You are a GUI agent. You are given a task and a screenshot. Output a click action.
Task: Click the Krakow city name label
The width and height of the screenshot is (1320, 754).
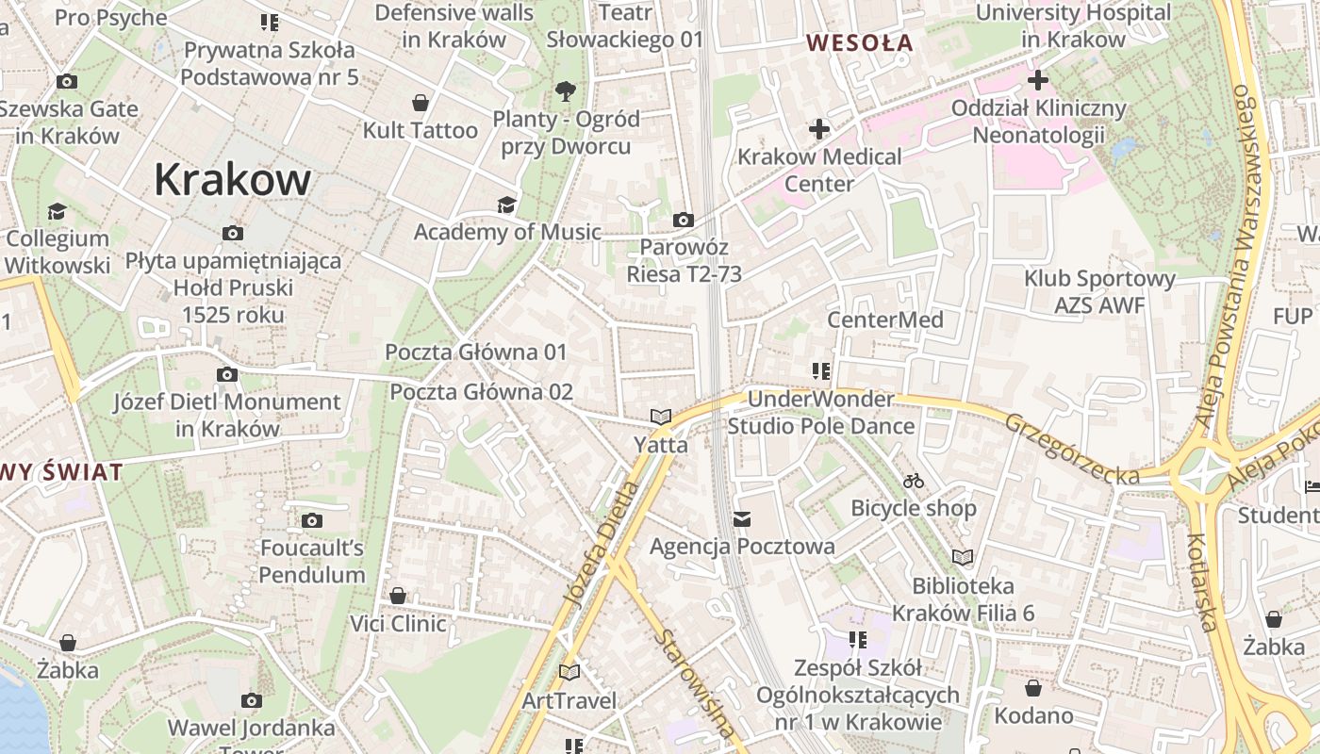pyautogui.click(x=232, y=179)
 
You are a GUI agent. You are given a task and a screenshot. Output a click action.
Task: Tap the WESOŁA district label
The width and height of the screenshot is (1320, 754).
pyautogui.click(x=860, y=42)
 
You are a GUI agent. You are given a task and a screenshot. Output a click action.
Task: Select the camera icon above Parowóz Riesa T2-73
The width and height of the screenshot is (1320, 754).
pyautogui.click(x=684, y=221)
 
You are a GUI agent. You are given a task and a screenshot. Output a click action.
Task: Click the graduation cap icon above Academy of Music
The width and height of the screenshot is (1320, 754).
pyautogui.click(x=507, y=205)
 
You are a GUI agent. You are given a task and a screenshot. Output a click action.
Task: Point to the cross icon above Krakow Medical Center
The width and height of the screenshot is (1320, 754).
pyautogui.click(x=819, y=128)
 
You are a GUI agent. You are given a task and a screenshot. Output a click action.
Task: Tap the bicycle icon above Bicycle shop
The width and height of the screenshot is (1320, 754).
pyautogui.click(x=913, y=481)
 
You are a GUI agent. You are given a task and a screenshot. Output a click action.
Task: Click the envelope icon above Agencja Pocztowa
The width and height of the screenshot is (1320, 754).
pyautogui.click(x=742, y=519)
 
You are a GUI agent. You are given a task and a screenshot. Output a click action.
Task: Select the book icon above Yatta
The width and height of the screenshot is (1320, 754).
pyautogui.click(x=661, y=417)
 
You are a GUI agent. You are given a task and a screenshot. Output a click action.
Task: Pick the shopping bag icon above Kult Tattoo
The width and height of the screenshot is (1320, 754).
pyautogui.click(x=421, y=103)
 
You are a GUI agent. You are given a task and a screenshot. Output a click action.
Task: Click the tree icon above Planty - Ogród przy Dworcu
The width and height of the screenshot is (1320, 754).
pyautogui.click(x=566, y=91)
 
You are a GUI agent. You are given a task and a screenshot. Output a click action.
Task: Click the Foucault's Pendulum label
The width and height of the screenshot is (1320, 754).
pyautogui.click(x=312, y=561)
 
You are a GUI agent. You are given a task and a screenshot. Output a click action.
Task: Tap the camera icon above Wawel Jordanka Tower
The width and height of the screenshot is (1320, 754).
pyautogui.click(x=251, y=700)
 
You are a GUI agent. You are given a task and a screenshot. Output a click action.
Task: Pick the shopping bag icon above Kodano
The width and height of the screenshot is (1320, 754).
pyautogui.click(x=1033, y=688)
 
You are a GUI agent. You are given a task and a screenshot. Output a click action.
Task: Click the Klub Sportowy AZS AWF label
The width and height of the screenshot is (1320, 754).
pyautogui.click(x=1099, y=291)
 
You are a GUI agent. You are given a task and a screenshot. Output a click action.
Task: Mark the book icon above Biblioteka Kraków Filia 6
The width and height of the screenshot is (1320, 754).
pyautogui.click(x=963, y=557)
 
